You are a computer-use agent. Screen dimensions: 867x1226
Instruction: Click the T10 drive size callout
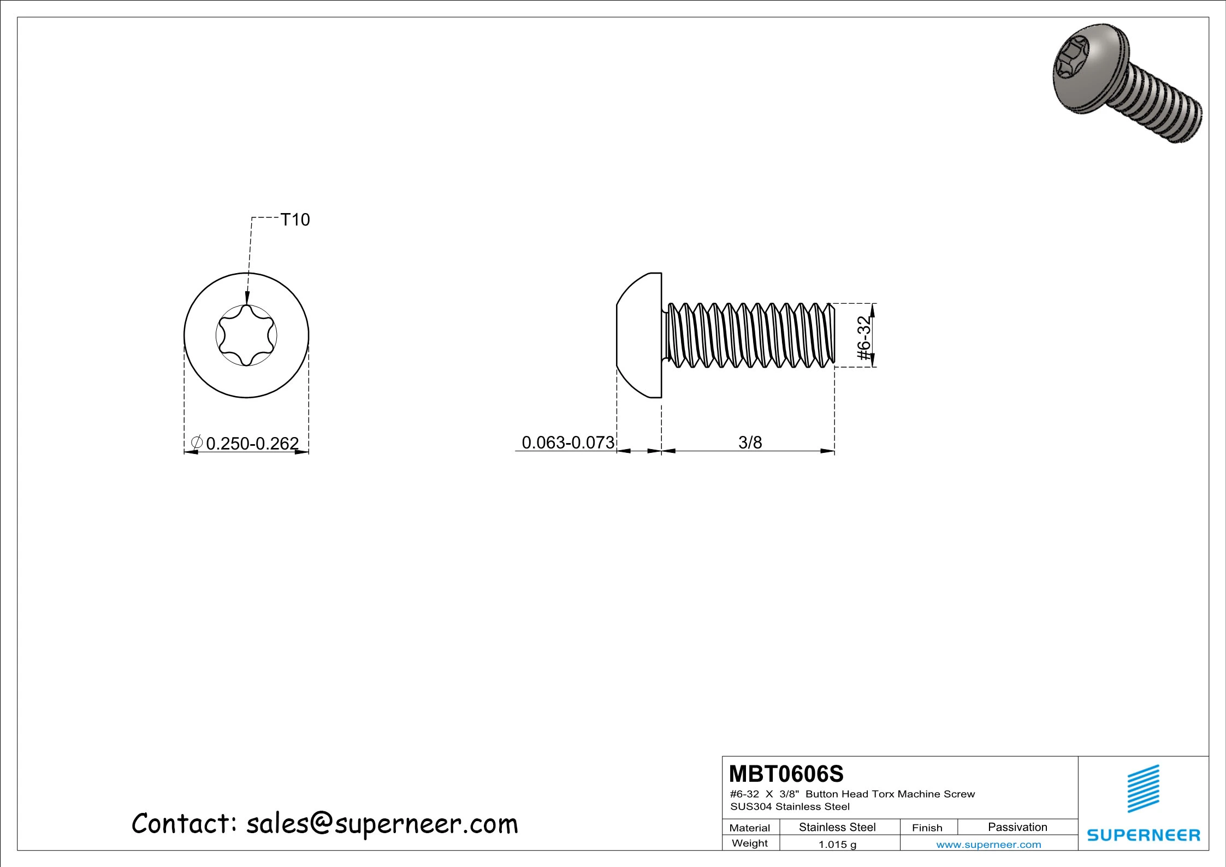[295, 220]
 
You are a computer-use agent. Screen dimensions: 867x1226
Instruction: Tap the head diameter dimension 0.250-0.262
[252, 443]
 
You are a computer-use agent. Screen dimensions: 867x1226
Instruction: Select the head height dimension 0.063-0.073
[568, 442]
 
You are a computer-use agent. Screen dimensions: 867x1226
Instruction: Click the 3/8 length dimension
[750, 442]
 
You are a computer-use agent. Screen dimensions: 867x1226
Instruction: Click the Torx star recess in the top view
[246, 335]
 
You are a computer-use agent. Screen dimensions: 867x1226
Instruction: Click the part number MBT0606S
[786, 774]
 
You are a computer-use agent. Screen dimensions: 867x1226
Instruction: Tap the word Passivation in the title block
[1017, 827]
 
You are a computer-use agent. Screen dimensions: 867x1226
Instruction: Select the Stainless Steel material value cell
[837, 827]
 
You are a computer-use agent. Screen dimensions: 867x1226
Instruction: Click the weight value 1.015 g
[837, 844]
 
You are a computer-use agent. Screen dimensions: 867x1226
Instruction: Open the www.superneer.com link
[988, 844]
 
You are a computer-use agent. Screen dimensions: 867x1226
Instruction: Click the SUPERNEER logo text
[1143, 835]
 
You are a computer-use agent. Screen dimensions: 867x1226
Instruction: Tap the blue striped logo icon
[1143, 788]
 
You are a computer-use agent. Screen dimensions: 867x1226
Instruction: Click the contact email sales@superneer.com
[382, 823]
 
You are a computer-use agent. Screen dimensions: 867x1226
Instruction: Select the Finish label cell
[927, 828]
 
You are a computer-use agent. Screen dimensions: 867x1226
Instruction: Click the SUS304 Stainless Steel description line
[790, 806]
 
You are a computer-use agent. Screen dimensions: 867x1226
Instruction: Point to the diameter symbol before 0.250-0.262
[197, 442]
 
